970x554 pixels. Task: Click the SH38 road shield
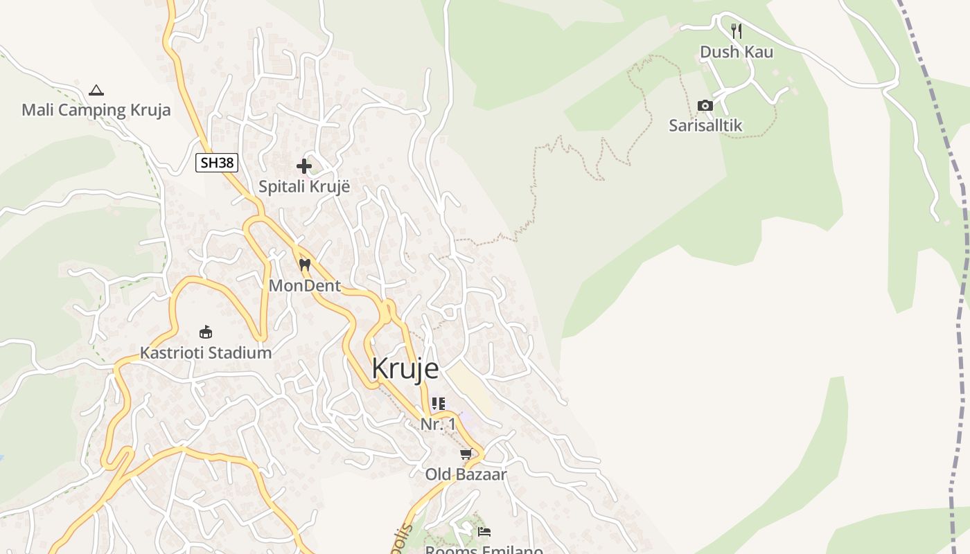click(217, 163)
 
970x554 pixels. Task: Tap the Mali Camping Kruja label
click(96, 110)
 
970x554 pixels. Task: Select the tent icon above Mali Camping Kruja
click(96, 90)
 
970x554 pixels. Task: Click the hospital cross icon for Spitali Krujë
click(303, 166)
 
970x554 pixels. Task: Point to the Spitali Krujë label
click(304, 186)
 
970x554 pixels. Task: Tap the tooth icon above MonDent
click(304, 265)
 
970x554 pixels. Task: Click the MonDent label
click(304, 285)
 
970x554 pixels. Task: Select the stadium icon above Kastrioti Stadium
click(206, 332)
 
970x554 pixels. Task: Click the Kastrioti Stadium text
click(206, 352)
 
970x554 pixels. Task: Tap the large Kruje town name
click(405, 368)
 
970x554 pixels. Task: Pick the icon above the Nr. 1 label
click(438, 403)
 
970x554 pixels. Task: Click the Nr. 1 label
click(438, 424)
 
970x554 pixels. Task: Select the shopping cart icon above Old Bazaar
click(466, 454)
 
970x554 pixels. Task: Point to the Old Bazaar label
click(466, 474)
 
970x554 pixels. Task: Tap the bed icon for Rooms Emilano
click(484, 532)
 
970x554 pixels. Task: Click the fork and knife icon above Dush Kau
click(737, 31)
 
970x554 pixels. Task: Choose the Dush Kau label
click(737, 52)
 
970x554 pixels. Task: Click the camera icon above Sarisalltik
click(705, 105)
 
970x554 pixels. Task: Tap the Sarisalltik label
click(705, 125)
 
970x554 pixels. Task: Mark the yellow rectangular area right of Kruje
click(470, 388)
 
